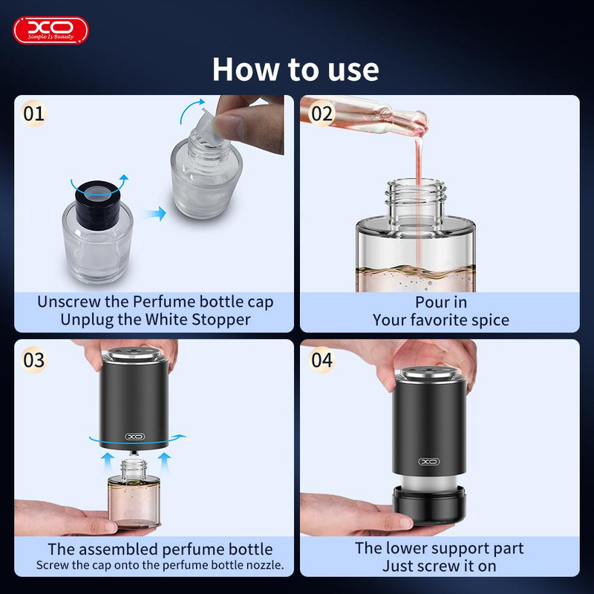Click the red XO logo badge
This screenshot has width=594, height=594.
[x=50, y=30]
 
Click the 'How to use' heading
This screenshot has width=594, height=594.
[x=296, y=69]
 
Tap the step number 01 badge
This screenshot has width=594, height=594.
[x=33, y=114]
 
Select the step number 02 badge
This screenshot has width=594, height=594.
[x=322, y=114]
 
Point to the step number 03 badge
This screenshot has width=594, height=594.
[x=33, y=359]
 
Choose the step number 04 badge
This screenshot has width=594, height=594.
[x=322, y=359]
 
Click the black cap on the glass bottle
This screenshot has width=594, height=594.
[x=98, y=203]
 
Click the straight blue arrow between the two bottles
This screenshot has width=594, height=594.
[x=154, y=213]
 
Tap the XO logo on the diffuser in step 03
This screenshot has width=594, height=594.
[x=135, y=437]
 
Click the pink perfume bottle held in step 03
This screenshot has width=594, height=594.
[x=134, y=494]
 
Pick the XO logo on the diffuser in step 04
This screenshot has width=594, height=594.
[x=429, y=461]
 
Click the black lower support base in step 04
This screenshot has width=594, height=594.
[x=429, y=505]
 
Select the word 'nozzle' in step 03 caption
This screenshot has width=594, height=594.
[x=264, y=565]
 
